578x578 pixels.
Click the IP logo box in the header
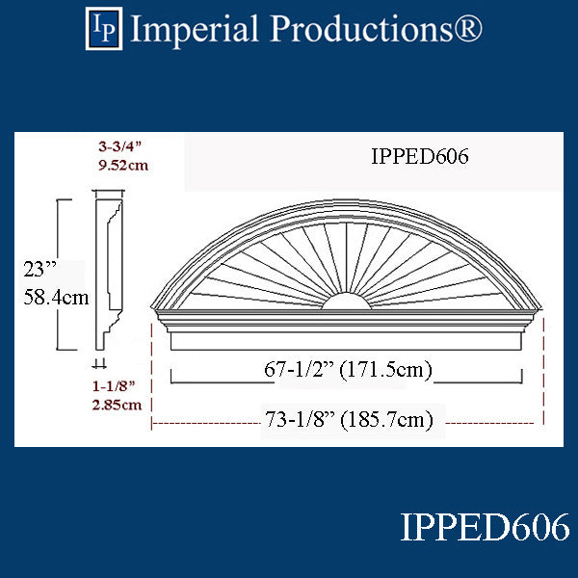(x=105, y=28)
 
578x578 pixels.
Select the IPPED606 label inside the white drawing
(x=419, y=157)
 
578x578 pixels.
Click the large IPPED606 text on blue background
(x=485, y=529)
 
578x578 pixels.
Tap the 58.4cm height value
(x=54, y=297)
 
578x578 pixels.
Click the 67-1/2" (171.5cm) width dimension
(x=348, y=369)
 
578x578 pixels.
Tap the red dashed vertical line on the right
(x=545, y=371)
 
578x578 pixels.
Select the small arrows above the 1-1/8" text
(x=100, y=364)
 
